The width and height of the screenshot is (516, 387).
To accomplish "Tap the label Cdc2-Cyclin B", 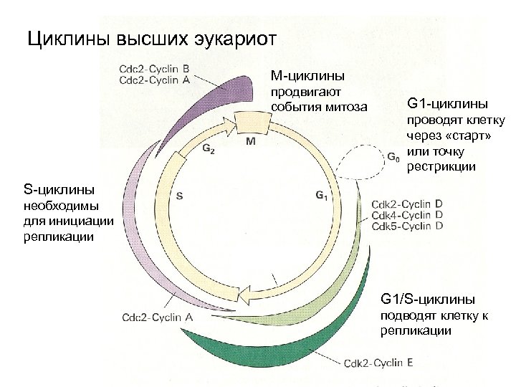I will [x=154, y=70].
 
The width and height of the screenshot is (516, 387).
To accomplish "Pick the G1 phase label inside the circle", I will [x=321, y=195].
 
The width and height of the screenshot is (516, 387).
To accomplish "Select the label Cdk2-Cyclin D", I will [x=406, y=204].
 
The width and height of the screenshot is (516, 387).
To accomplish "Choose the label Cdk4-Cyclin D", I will [x=406, y=214].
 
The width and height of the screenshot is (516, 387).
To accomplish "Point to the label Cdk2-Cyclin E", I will [x=378, y=363].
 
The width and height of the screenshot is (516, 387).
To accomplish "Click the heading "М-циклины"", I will [x=307, y=75].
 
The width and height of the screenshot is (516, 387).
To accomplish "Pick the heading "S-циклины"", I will [x=58, y=190].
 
